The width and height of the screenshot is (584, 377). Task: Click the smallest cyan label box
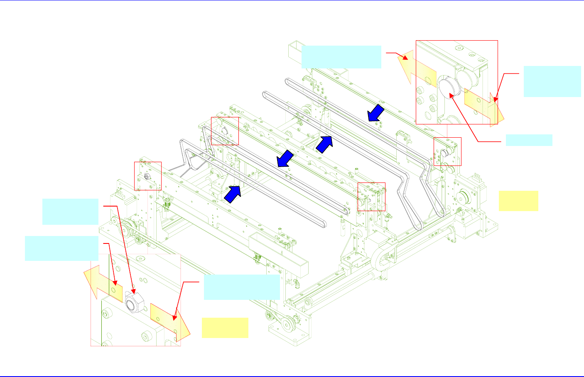coord(529,140)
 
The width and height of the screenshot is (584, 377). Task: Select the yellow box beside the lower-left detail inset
coord(225,328)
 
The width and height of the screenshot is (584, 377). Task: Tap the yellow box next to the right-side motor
coord(518,201)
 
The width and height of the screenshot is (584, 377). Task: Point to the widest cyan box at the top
coord(341,57)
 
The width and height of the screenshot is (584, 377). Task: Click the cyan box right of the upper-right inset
coord(552,81)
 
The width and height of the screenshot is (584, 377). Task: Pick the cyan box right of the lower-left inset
coord(241,287)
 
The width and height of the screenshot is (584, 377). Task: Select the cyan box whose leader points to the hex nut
coord(70,212)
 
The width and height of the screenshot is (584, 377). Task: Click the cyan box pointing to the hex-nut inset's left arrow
coord(61,248)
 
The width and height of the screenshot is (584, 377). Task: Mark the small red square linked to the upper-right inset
coord(447,151)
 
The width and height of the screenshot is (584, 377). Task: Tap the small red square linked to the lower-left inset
coord(147,176)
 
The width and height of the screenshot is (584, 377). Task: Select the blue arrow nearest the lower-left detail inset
coord(233,194)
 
